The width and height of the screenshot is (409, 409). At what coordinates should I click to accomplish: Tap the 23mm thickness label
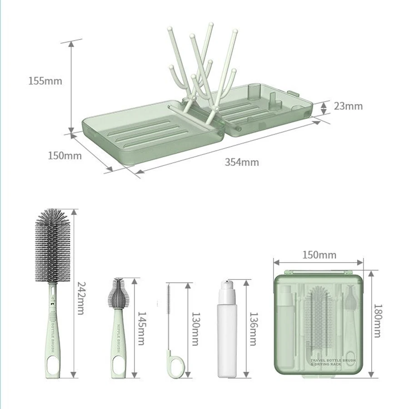pos(348,106)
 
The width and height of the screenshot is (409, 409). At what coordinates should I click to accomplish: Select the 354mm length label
pos(241,162)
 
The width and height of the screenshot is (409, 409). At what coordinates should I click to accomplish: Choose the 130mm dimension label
pos(195,328)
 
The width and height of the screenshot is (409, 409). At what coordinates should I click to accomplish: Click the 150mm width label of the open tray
pos(65,155)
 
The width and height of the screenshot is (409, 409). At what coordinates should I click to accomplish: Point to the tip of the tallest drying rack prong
pos(211,25)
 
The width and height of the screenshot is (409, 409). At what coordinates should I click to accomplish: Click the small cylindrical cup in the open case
pos(254,91)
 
